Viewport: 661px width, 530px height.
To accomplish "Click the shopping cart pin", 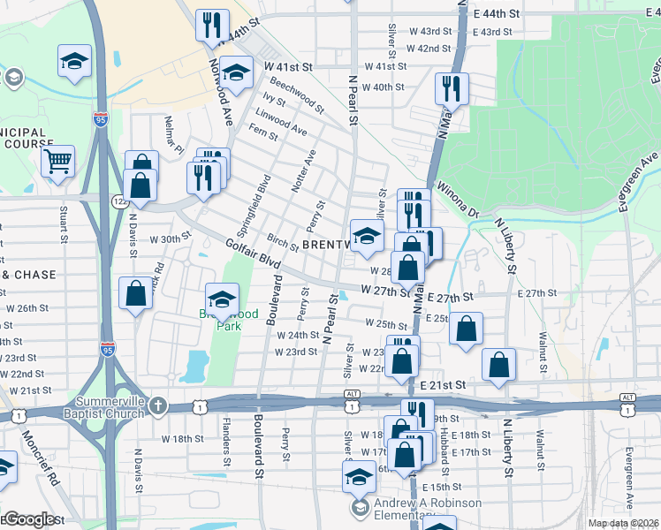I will [x=57, y=161].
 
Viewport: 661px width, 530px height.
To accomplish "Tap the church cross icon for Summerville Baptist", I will [x=157, y=406].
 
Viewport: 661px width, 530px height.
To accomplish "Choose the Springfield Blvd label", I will [x=262, y=204].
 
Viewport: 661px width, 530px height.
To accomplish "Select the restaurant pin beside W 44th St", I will [x=212, y=25].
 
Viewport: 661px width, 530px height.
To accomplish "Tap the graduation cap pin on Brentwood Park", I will [x=223, y=297].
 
